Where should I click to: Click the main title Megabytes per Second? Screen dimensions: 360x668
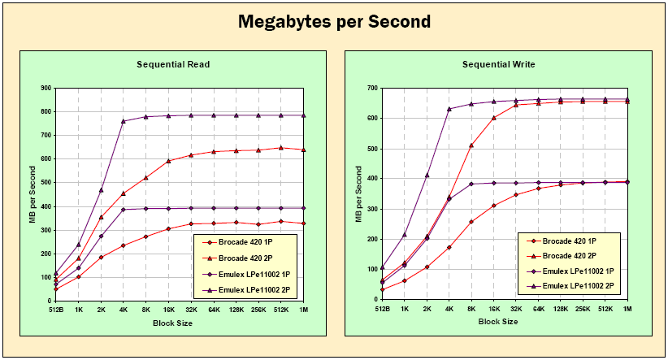click(x=334, y=22)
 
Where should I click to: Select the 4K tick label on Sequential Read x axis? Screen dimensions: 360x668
click(x=123, y=310)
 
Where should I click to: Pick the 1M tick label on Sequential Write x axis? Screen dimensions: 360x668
click(x=627, y=310)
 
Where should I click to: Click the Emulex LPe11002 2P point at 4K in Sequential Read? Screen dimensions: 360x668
click(x=123, y=121)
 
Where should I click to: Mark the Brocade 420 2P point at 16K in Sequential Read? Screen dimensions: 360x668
click(x=168, y=161)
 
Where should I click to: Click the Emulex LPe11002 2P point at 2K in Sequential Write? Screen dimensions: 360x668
click(x=427, y=175)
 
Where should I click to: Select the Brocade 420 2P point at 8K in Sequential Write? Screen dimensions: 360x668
click(x=471, y=145)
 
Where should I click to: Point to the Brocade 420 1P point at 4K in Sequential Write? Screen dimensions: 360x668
click(x=449, y=247)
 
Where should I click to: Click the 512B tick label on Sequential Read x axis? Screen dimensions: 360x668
click(x=55, y=310)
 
